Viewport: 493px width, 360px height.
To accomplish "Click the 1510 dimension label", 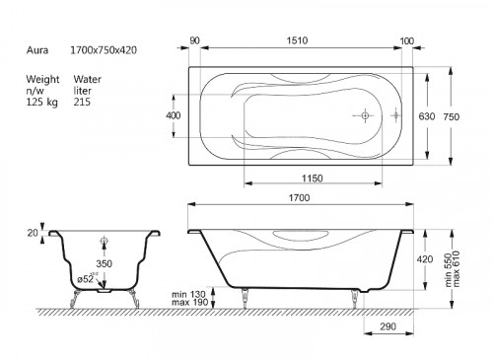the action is click(297, 40).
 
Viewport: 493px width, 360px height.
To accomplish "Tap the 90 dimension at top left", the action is click(194, 40).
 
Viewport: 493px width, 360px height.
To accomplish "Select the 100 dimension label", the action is click(407, 41).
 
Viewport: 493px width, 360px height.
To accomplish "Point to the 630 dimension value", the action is click(427, 116).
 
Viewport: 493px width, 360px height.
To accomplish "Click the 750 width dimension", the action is click(452, 116).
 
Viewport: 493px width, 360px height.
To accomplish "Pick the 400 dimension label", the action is click(174, 115).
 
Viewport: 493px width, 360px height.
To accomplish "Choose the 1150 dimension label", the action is click(313, 179).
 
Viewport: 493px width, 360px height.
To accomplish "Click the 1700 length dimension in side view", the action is click(299, 197).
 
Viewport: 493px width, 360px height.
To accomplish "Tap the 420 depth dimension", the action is click(425, 259).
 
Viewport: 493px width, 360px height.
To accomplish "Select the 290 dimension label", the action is click(388, 326).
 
